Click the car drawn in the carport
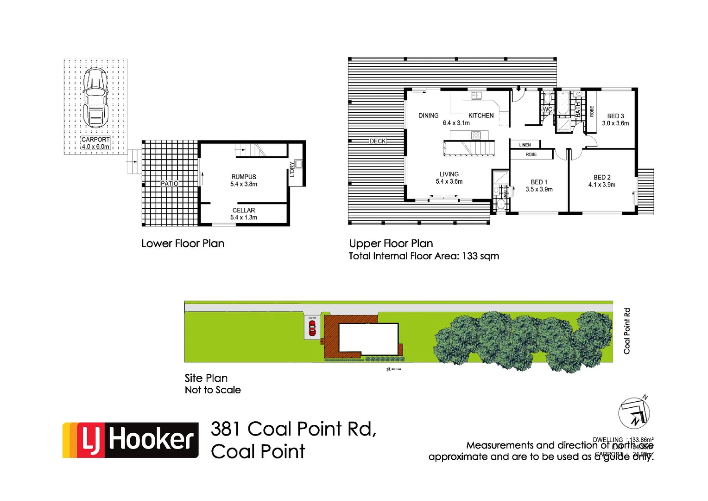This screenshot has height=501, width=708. click(95, 98)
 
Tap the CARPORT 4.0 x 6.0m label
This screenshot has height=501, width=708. click(95, 143)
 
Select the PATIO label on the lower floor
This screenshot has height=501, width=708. click(170, 184)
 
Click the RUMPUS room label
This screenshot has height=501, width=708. click(244, 180)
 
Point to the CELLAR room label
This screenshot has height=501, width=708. click(244, 214)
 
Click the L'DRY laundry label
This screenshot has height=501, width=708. click(292, 169)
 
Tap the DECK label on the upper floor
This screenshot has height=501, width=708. click(378, 141)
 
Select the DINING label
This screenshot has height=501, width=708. click(428, 116)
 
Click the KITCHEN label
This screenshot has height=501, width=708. click(481, 116)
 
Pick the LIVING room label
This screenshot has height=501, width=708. click(449, 178)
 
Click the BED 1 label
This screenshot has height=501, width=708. click(539, 186)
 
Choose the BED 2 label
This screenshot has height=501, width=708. click(602, 181)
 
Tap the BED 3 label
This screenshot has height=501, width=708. click(615, 120)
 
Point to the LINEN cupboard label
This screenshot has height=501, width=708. click(525, 145)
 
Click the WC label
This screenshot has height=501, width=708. click(547, 110)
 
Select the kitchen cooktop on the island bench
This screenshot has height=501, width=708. click(476, 135)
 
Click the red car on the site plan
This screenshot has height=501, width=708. click(312, 328)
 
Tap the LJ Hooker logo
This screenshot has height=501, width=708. click(131, 440)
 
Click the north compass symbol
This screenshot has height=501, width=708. click(634, 413)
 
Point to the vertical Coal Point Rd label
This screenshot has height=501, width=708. click(627, 331)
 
